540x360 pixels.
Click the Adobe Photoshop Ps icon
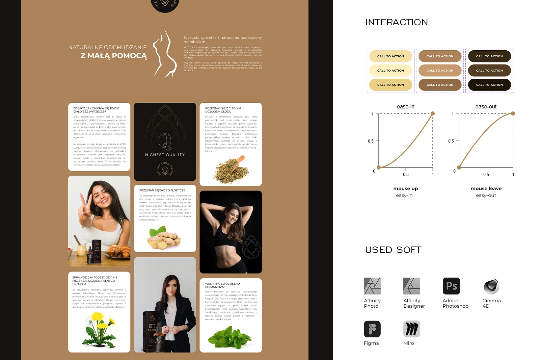(451, 286)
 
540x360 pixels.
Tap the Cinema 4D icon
(491, 286)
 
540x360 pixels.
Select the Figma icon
(372, 329)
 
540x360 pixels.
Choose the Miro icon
(412, 329)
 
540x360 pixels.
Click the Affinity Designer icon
(412, 286)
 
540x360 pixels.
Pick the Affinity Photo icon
(372, 286)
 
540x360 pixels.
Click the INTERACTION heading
(397, 22)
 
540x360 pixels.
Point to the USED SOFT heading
(393, 250)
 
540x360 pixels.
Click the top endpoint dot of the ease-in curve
(433, 113)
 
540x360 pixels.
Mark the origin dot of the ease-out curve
(459, 168)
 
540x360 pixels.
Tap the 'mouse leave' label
(486, 188)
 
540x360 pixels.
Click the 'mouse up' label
(405, 188)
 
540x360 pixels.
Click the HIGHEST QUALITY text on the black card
(165, 155)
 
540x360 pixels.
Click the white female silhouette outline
(165, 54)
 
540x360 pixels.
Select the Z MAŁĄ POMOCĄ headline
(114, 56)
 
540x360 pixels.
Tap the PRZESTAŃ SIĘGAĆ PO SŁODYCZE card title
(162, 190)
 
